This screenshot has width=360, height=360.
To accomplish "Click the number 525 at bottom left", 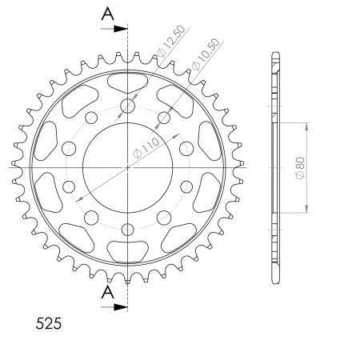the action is [x=49, y=324].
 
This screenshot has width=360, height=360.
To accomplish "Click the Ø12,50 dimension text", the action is [x=171, y=41].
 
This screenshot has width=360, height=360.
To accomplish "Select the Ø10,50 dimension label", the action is [x=206, y=54].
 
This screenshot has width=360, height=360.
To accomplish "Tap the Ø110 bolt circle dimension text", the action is [x=146, y=148].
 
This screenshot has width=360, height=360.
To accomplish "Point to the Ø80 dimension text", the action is [x=300, y=168].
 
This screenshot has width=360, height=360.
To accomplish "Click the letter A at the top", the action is [x=107, y=14].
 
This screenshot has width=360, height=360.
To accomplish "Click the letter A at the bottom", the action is [x=107, y=292].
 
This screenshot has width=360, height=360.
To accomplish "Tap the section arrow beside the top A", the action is [x=114, y=29].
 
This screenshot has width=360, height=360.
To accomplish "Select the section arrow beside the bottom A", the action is [x=114, y=307].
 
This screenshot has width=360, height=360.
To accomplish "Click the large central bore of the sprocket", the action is [x=127, y=168].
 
